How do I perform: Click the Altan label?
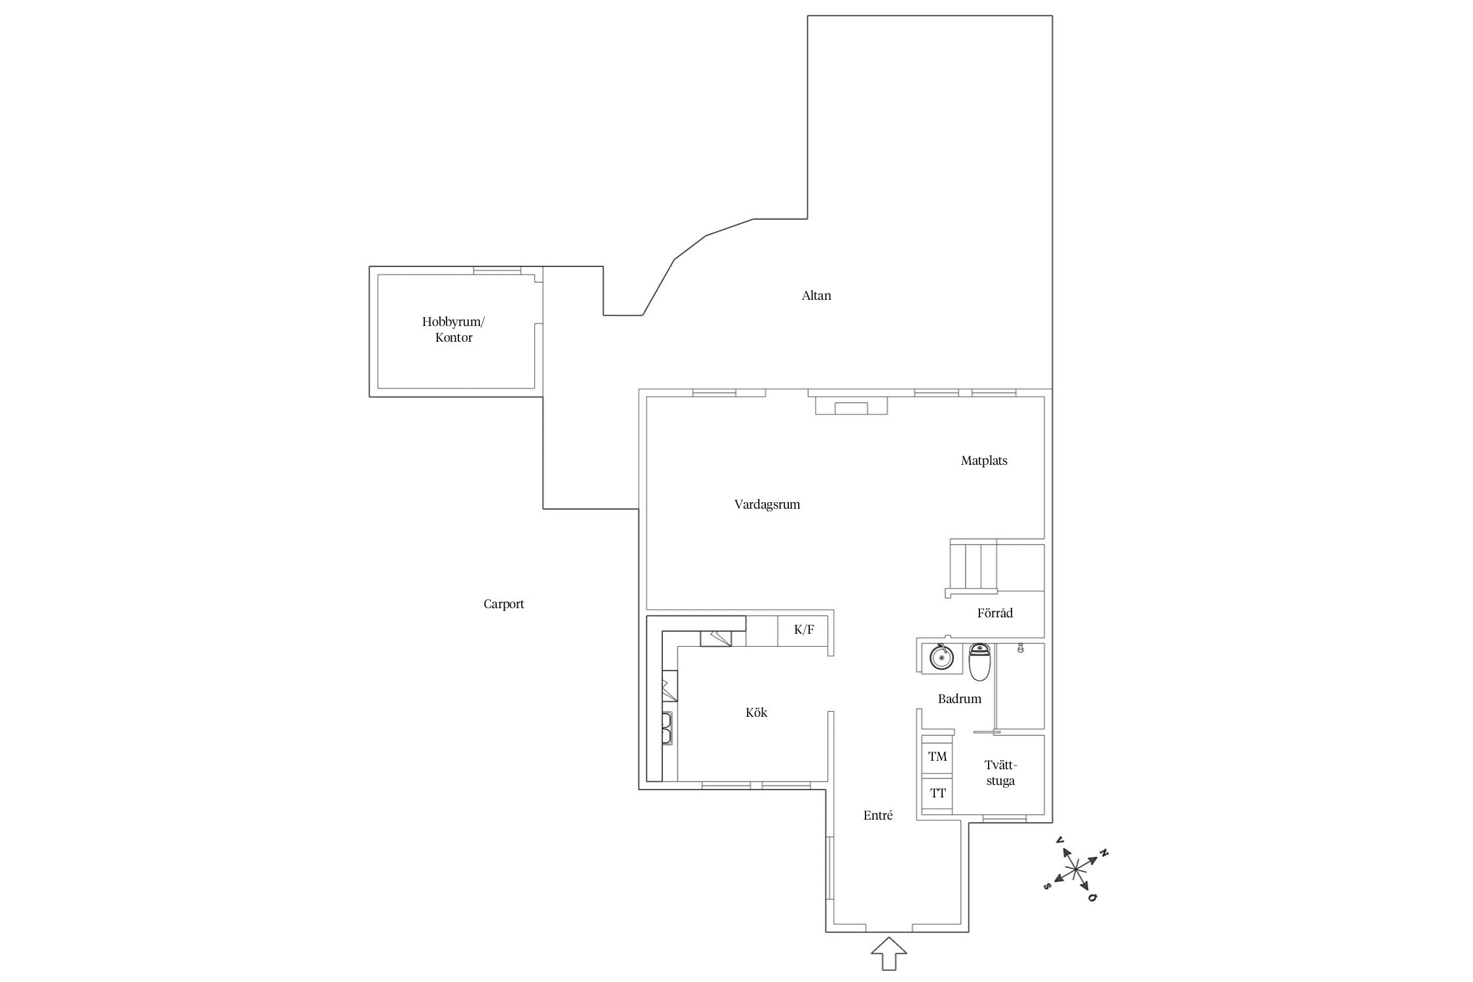(x=816, y=296)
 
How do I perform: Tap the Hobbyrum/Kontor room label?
(x=454, y=330)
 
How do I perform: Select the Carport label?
(x=504, y=604)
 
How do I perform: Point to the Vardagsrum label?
(x=767, y=505)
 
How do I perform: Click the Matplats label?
(x=984, y=461)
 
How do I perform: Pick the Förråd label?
(x=995, y=613)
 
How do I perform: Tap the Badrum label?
(x=960, y=699)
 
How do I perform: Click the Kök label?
(x=756, y=712)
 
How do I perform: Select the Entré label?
(x=878, y=815)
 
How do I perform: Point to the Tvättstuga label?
(x=1000, y=773)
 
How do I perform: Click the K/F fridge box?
(x=803, y=630)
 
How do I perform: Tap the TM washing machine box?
(x=937, y=756)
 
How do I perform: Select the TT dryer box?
(x=937, y=793)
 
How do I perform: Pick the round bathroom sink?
(x=941, y=657)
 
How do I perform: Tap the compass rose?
(x=1076, y=869)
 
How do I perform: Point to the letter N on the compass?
(x=1104, y=853)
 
